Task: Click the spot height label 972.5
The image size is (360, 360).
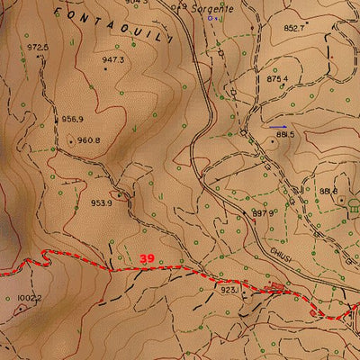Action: point(38,47)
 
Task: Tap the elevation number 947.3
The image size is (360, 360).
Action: point(112,60)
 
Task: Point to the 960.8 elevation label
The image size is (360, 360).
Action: point(88,139)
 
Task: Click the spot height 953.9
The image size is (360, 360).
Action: point(102,202)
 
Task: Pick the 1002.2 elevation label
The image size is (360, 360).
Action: point(29,297)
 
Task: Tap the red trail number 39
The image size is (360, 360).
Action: point(148,258)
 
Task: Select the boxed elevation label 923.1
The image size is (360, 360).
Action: point(229,290)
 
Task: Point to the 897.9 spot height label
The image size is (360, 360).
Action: point(262,212)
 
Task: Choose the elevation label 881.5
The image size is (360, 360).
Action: point(285,134)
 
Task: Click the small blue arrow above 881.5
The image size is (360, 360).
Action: point(279,126)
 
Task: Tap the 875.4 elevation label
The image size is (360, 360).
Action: point(277,79)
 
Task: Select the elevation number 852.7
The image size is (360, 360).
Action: point(295,28)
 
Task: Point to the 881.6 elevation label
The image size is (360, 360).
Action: point(328,191)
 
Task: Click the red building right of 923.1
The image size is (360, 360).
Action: point(275,289)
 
